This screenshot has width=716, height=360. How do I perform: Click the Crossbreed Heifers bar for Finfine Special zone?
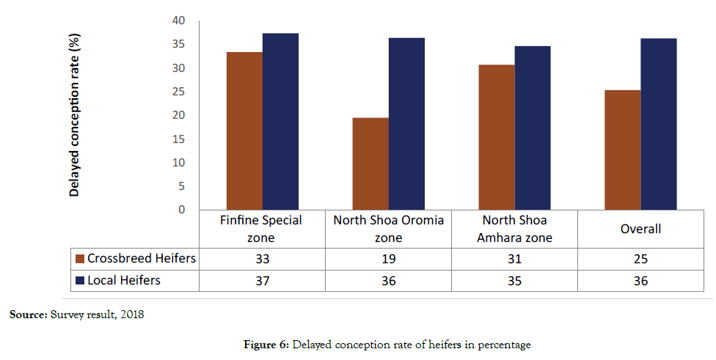tap(244, 131)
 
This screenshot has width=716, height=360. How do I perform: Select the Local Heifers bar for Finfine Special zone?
tap(280, 122)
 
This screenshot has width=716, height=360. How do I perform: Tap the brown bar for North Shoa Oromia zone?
tap(370, 164)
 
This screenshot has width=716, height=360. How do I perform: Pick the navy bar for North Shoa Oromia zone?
tap(406, 124)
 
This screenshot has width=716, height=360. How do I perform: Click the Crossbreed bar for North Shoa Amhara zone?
tap(497, 137)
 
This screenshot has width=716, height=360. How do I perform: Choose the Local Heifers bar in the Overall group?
tap(658, 124)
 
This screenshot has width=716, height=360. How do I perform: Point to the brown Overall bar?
tap(622, 150)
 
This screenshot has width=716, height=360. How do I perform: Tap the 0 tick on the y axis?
tap(181, 210)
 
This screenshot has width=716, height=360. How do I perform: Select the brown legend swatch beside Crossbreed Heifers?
tap(80, 259)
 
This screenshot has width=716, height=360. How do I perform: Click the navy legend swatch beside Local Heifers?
tap(80, 280)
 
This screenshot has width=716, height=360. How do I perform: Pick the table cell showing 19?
tap(388, 259)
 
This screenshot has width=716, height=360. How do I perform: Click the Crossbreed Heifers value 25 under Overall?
tap(640, 259)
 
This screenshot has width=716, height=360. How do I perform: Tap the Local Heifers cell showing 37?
tap(262, 280)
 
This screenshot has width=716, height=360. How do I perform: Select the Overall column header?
tap(640, 229)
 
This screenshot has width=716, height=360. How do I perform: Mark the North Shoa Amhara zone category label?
tap(514, 229)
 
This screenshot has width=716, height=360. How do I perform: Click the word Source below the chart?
tap(26, 315)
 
